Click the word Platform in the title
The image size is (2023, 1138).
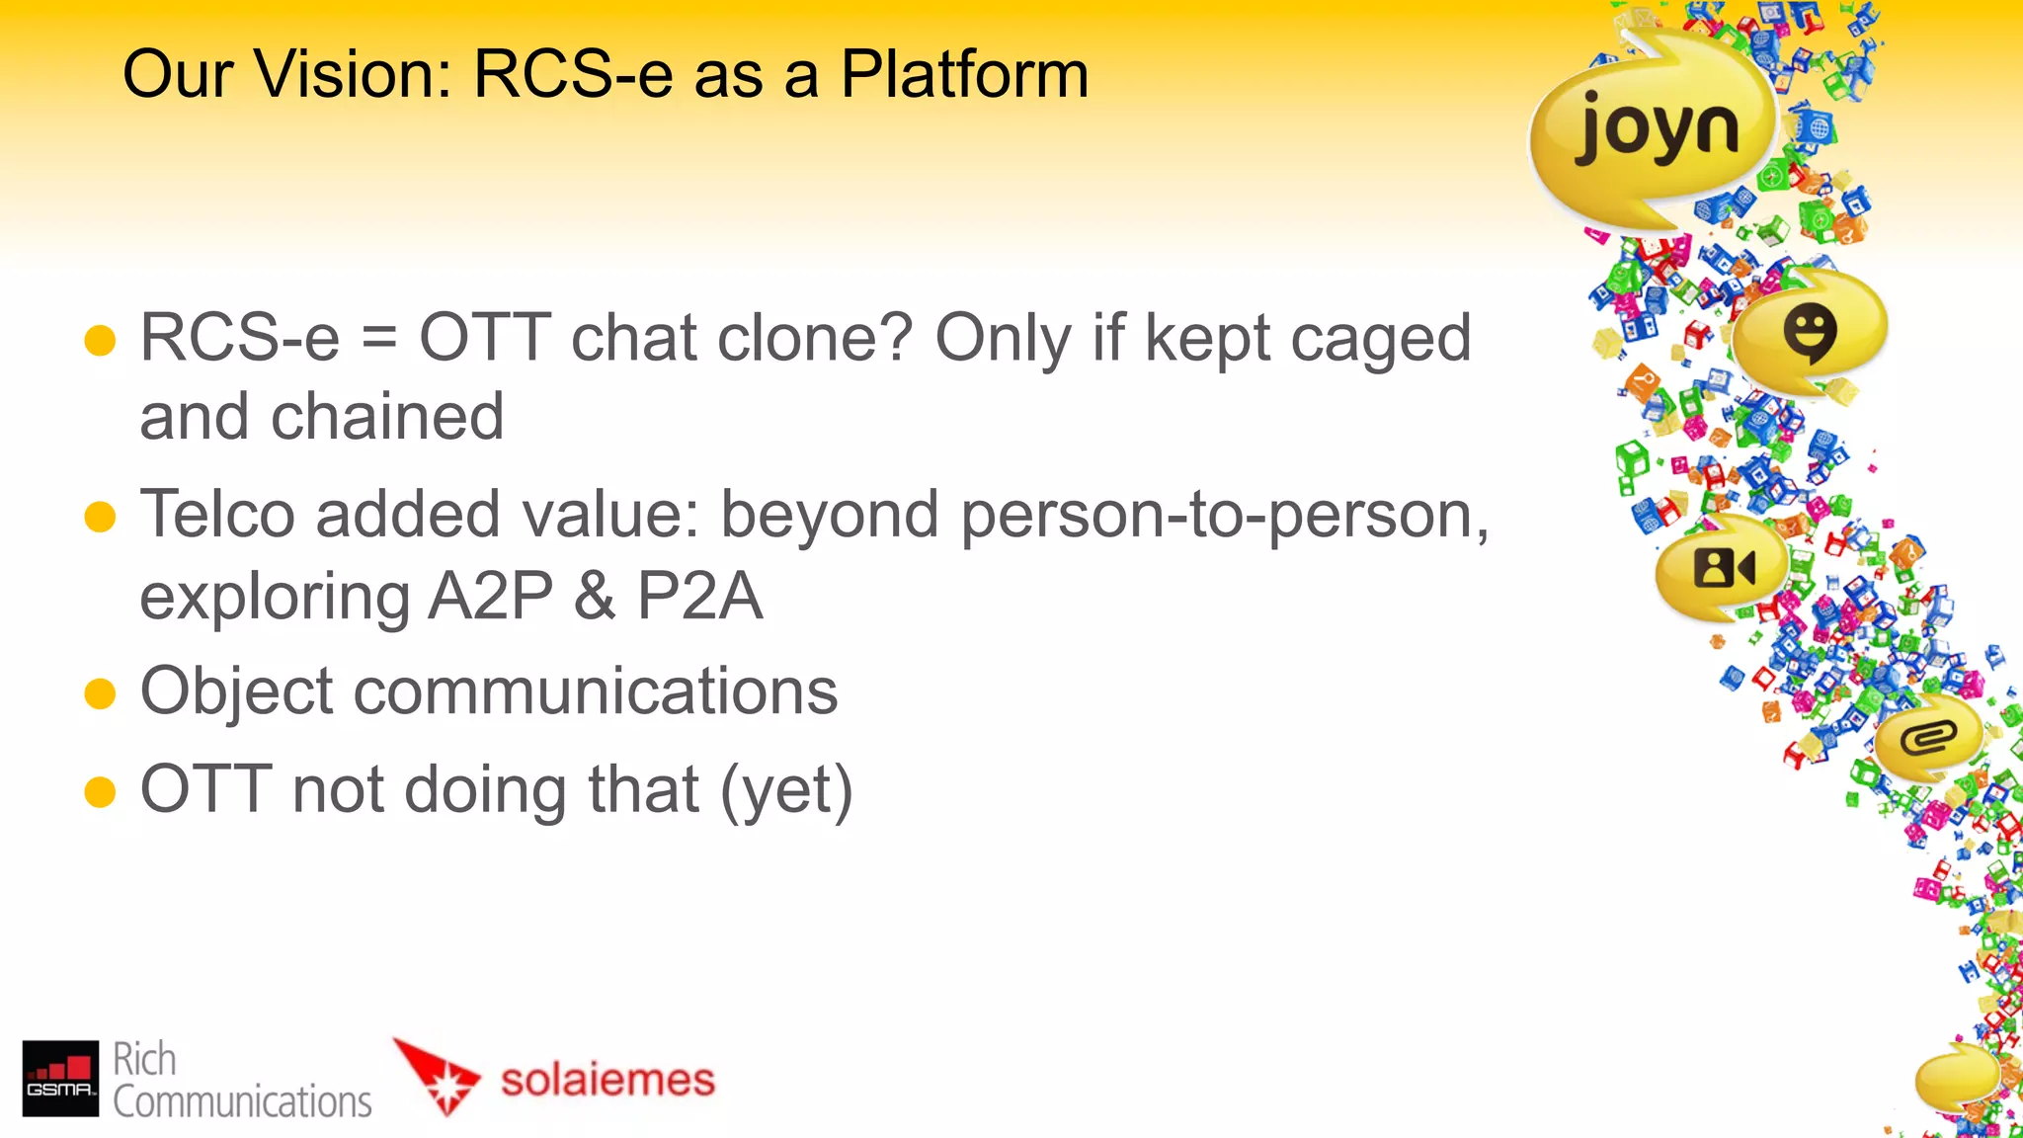click(964, 75)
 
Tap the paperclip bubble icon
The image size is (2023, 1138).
click(1927, 737)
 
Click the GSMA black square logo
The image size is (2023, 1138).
click(60, 1078)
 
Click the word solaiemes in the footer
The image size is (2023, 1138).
click(607, 1079)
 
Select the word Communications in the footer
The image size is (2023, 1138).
click(242, 1101)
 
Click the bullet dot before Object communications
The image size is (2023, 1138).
click(101, 693)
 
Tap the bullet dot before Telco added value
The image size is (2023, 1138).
click(101, 517)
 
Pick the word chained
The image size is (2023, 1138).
click(387, 418)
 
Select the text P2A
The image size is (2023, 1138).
click(699, 597)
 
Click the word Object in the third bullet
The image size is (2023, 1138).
click(237, 691)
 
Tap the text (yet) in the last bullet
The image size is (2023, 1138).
click(786, 791)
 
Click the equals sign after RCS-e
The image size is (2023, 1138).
click(379, 339)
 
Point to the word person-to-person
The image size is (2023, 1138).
click(1225, 517)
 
